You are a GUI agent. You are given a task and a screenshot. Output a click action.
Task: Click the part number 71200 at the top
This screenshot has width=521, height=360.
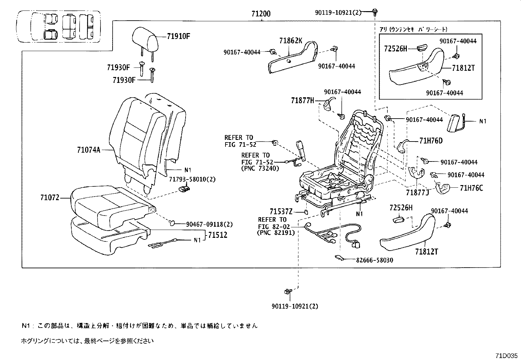(x=261, y=14)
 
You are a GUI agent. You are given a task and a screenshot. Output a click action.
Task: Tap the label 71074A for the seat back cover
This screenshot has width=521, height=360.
(x=88, y=150)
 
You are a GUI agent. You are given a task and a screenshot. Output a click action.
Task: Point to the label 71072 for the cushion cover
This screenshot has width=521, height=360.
(x=50, y=198)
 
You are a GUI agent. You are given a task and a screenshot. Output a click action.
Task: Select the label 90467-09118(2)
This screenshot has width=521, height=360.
(x=209, y=224)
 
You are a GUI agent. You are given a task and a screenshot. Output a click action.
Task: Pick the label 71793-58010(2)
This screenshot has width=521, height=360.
(x=188, y=180)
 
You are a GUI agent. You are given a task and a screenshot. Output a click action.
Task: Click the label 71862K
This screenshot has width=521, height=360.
(x=291, y=41)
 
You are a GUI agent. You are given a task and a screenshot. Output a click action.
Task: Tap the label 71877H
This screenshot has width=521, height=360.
(x=302, y=101)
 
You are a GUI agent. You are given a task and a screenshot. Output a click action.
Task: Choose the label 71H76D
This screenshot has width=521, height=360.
(x=431, y=141)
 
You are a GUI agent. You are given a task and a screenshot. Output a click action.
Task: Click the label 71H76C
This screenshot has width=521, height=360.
(x=471, y=188)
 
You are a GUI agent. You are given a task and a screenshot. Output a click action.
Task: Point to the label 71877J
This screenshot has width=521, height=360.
(x=417, y=193)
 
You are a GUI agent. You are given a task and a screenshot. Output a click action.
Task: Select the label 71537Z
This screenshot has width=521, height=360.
(x=281, y=212)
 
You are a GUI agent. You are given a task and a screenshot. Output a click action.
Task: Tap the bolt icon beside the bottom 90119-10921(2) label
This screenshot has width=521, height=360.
(x=288, y=291)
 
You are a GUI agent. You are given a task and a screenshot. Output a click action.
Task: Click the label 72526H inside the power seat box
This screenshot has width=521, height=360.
(x=395, y=49)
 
